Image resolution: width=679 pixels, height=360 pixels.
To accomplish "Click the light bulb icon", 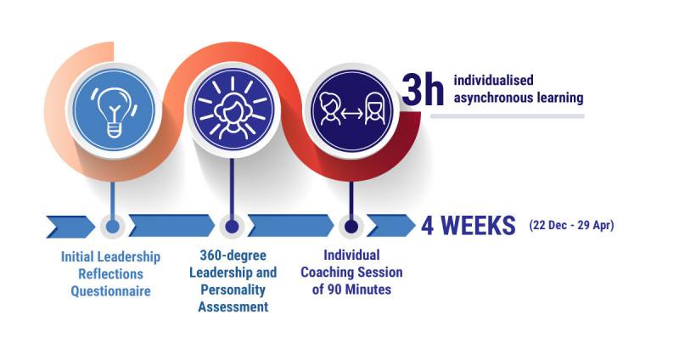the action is [114, 111].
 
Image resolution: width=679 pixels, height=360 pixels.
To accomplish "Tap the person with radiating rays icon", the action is [233, 109].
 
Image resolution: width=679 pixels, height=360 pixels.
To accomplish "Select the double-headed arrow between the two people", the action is [351, 114].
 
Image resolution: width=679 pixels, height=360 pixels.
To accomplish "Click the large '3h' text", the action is [422, 90].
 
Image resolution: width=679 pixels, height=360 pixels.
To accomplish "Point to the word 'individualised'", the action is [493, 80].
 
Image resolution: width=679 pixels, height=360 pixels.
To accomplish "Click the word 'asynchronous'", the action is [493, 98].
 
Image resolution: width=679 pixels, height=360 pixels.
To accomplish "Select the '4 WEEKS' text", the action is [469, 225].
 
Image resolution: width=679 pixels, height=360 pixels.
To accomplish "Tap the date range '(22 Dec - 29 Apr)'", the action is [571, 225].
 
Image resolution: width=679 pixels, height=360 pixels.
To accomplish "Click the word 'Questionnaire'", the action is [111, 291].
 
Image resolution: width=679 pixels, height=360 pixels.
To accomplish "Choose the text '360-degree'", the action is [233, 256].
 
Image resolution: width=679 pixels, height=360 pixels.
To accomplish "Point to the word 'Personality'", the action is [233, 290].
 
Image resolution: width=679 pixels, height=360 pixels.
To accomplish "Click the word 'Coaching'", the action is [330, 273].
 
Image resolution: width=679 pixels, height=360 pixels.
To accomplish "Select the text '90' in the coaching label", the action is [334, 289].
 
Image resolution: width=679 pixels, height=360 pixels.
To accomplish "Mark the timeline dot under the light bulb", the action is [113, 226].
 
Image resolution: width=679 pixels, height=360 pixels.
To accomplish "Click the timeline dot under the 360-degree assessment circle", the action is [232, 226].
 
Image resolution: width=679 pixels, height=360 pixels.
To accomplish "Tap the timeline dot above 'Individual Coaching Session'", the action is [351, 226].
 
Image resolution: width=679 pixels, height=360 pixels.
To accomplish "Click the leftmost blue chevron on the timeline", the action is [70, 226].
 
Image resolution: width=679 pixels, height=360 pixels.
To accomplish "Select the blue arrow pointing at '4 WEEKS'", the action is [391, 226].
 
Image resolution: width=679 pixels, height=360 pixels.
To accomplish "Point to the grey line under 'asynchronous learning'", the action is [507, 116].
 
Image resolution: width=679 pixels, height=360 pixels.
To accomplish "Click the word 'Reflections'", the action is [111, 274].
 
